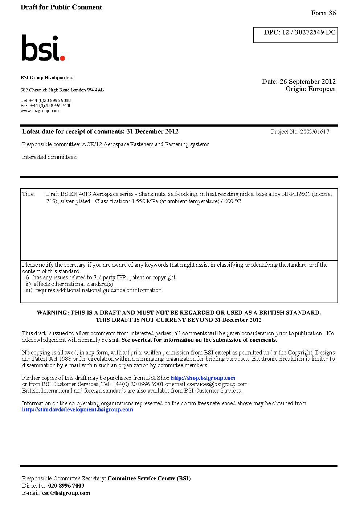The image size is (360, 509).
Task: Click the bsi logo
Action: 43,48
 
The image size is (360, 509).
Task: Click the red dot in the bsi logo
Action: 62,58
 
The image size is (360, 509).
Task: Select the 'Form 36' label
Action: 323,13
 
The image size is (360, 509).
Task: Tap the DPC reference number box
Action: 296,35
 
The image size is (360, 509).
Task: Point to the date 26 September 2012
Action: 308,82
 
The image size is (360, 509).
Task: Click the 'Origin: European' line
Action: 310,89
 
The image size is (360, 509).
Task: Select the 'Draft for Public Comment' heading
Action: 61,7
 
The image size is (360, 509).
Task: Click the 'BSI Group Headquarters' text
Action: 47,78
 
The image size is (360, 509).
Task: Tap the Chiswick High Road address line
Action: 62,90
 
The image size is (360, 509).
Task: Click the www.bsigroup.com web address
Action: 40,111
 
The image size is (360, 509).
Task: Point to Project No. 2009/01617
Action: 300,132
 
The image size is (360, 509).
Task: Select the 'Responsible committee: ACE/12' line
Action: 115,144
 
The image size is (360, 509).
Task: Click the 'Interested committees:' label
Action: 49,157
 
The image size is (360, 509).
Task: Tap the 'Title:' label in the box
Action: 28,194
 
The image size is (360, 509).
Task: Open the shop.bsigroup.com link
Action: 203,378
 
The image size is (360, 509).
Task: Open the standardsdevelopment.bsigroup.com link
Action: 77,410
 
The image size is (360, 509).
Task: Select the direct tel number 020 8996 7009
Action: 66,486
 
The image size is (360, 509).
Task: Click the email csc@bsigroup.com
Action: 66,493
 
